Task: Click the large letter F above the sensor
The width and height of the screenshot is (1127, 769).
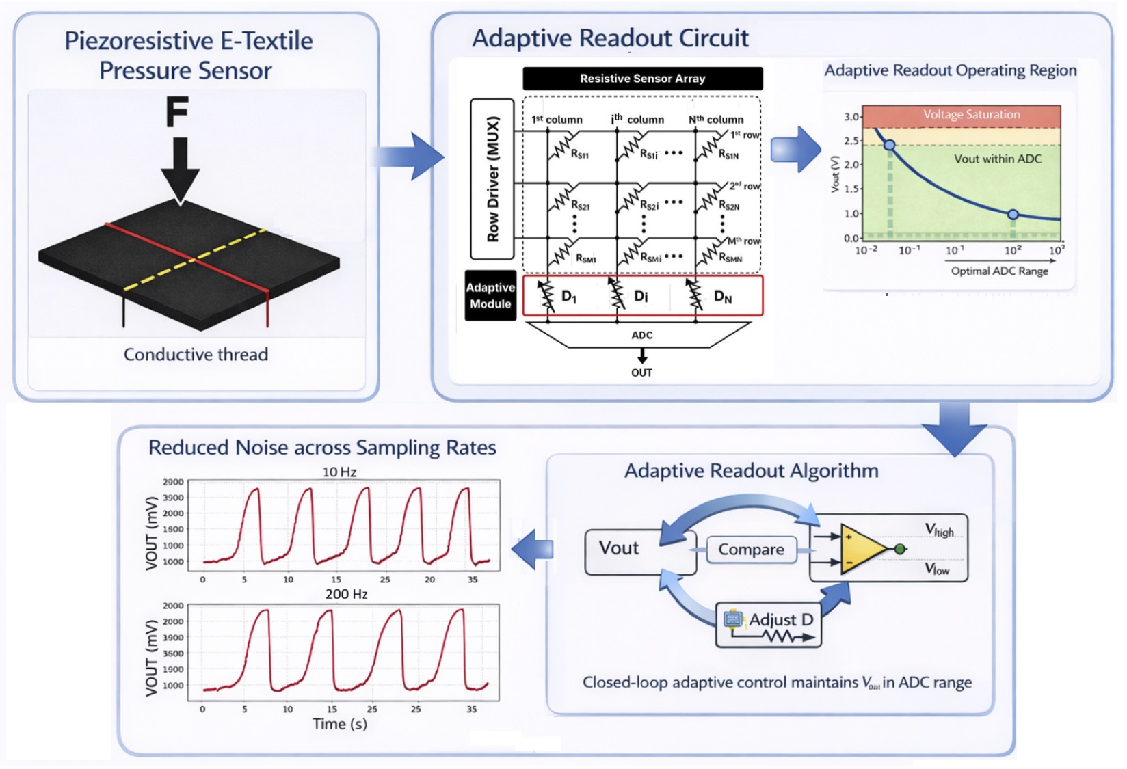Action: (177, 113)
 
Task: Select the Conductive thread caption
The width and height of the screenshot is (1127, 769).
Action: (196, 354)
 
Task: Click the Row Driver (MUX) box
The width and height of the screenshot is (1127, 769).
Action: (492, 179)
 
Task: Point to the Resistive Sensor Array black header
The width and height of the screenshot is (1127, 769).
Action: (642, 79)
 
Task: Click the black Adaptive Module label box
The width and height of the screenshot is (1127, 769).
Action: (490, 296)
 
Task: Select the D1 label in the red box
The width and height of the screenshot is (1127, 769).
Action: (569, 297)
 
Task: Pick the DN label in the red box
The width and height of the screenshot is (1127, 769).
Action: (723, 297)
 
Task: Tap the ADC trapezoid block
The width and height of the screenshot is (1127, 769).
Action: (641, 335)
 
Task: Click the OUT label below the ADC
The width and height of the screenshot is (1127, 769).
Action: (641, 373)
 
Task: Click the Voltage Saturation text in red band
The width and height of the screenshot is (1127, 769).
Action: (971, 115)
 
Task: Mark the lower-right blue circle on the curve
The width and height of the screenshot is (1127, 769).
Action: (1013, 215)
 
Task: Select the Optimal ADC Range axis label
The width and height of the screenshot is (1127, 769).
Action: (999, 271)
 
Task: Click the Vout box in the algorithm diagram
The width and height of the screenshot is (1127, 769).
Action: (620, 549)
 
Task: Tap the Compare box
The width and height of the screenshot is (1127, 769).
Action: (751, 550)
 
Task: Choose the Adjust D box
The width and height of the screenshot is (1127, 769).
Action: (769, 624)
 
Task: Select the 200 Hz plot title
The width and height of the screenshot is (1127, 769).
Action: (346, 594)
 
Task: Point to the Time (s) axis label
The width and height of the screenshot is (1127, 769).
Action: (340, 724)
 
